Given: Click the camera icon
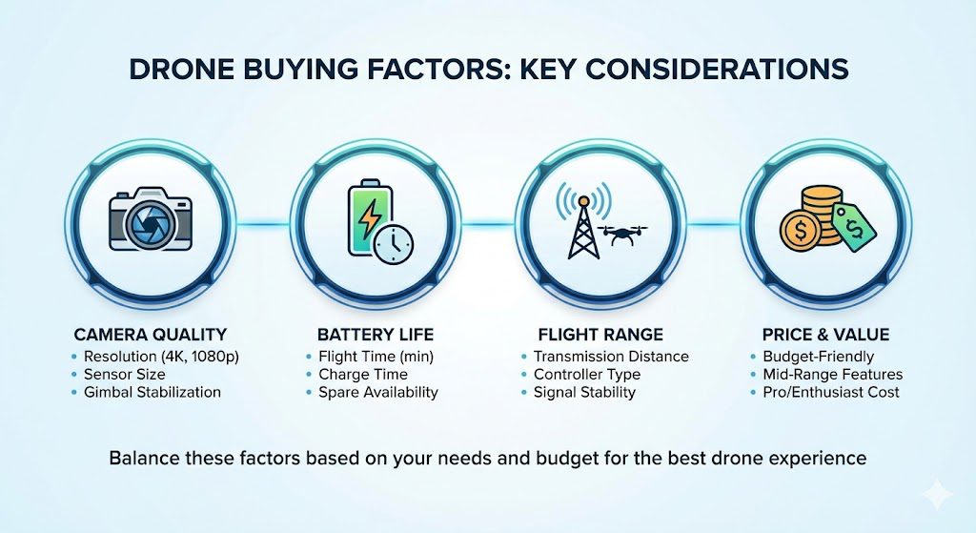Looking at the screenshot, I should pos(150,221).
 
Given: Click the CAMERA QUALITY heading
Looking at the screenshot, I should pos(150,335).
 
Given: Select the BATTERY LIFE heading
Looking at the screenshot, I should pos(376,335).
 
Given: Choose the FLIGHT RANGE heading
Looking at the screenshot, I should pos(600,335).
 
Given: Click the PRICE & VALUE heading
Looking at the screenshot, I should pos(825,335).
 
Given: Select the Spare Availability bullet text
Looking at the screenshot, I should pos(378,392).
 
